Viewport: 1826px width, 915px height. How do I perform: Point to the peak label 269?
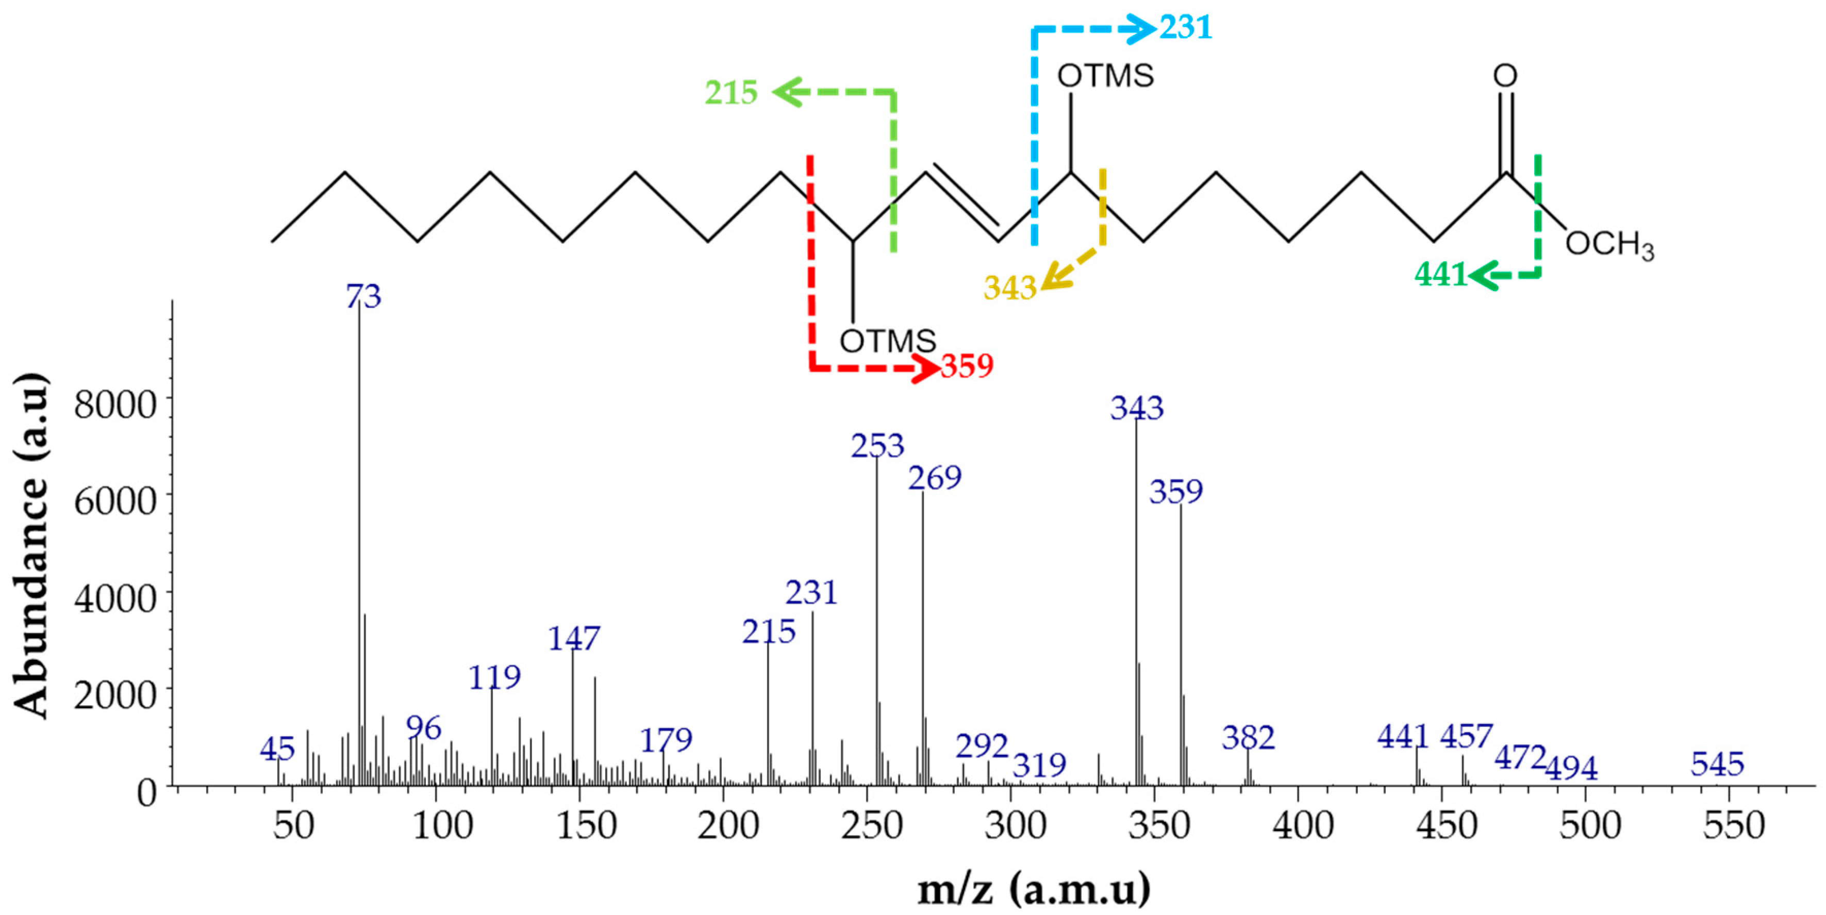935,478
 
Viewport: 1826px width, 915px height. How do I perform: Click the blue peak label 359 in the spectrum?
1176,491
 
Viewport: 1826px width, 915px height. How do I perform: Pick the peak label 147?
573,639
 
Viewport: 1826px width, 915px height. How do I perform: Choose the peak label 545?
1717,764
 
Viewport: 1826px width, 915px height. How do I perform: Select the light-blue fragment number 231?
1186,28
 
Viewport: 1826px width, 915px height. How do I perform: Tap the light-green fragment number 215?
731,92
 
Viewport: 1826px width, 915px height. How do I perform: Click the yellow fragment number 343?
1009,288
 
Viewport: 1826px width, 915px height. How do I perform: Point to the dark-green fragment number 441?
1440,274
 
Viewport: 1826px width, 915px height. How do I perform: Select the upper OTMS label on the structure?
1105,76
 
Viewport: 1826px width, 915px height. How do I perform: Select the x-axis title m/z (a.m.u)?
1034,888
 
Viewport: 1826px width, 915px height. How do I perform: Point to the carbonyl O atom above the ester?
1505,76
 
